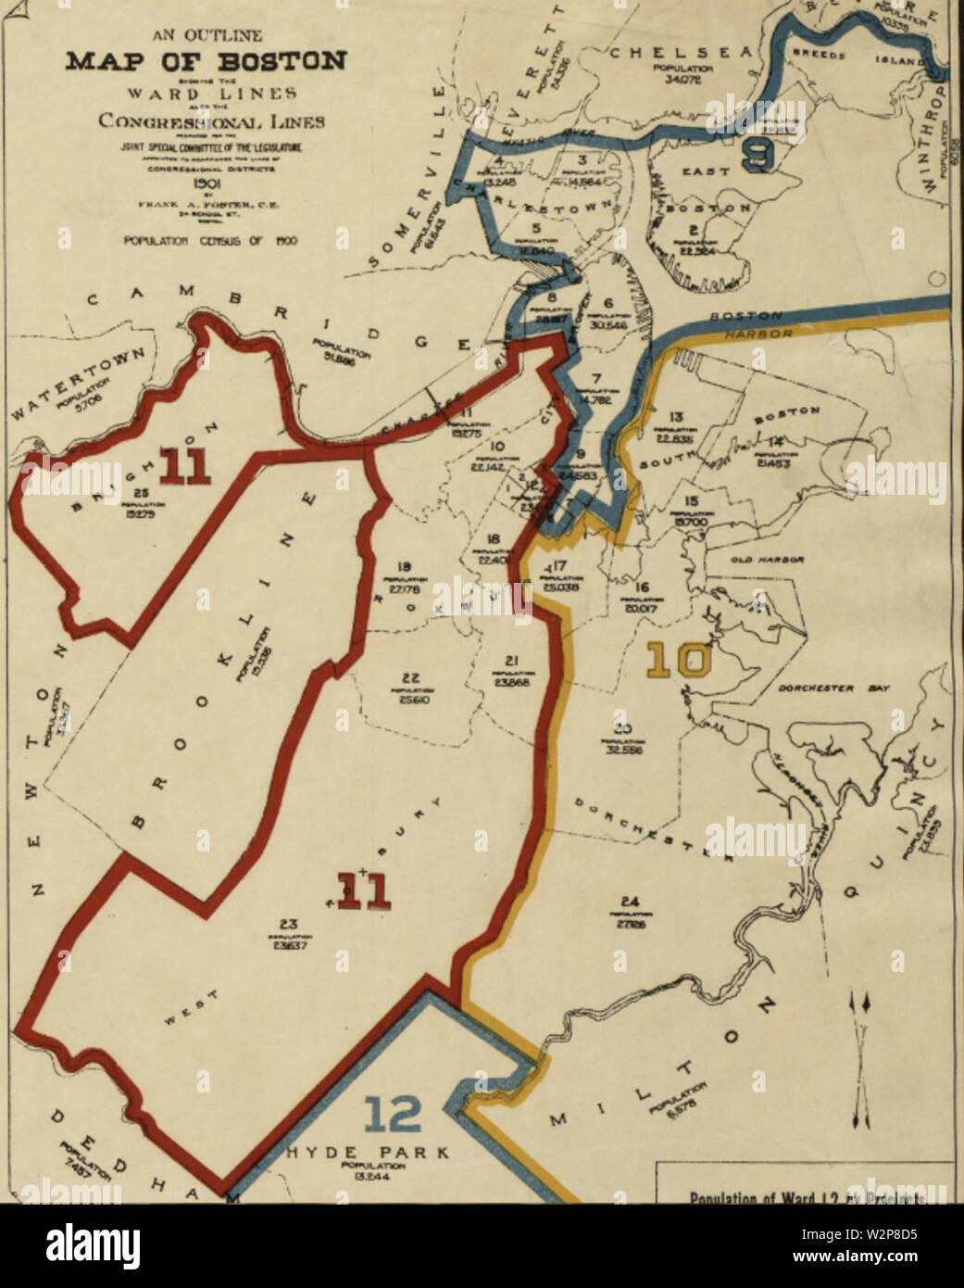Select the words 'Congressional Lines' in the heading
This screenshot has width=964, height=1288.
pos(211,120)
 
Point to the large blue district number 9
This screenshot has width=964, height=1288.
pos(758,153)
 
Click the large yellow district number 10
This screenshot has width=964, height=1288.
pos(679,661)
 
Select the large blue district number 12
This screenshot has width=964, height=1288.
pos(394,1115)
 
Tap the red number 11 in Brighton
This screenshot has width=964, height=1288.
pos(183,464)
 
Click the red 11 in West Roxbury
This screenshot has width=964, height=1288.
pos(362,890)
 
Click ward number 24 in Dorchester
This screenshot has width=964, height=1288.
pos(631,902)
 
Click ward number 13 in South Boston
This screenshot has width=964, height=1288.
pos(676,418)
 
